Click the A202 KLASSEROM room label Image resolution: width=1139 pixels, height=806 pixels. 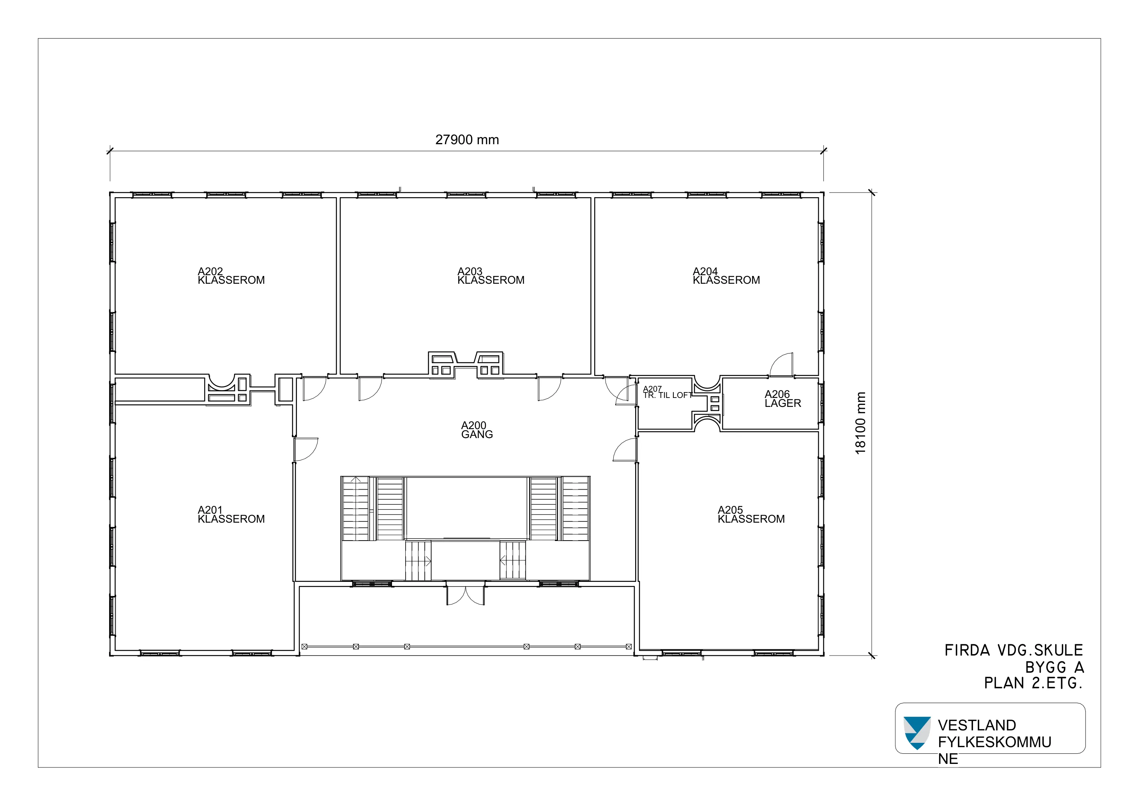tap(231, 276)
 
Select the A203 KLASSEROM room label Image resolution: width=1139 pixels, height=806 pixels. tap(491, 276)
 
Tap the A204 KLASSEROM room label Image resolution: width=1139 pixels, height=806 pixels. tap(726, 276)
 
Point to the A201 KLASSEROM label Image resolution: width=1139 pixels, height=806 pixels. tap(231, 515)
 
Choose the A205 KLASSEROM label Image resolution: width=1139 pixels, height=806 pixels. tap(751, 515)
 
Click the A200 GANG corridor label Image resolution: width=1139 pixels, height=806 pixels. tap(477, 430)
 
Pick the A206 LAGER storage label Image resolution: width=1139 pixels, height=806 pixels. tap(783, 399)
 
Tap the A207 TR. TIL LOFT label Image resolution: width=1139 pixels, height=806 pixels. tap(667, 392)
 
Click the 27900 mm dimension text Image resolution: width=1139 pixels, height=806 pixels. tap(467, 140)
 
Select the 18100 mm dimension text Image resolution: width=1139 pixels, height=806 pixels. tap(861, 423)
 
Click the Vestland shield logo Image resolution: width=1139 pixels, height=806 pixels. tap(917, 733)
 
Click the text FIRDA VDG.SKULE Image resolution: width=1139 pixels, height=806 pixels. tap(1014, 650)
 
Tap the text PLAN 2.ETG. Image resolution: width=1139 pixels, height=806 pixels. tap(1033, 683)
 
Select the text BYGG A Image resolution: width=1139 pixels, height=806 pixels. tap(1055, 667)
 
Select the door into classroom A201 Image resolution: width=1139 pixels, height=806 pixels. tap(305, 449)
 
